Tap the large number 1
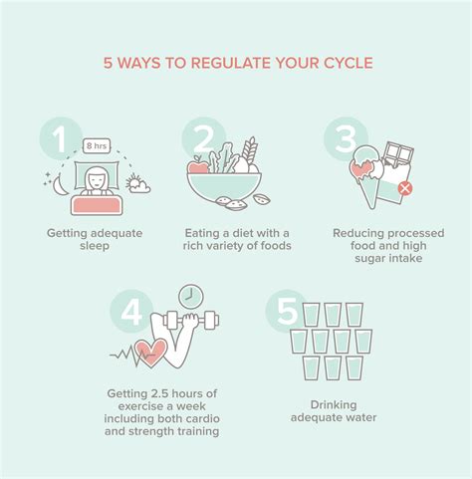click(x=63, y=140)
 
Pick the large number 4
click(x=131, y=313)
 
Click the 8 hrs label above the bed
click(x=97, y=145)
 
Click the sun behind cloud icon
click(x=137, y=184)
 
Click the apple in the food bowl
click(x=199, y=167)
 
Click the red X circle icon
click(x=405, y=188)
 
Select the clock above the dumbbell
click(x=191, y=297)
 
